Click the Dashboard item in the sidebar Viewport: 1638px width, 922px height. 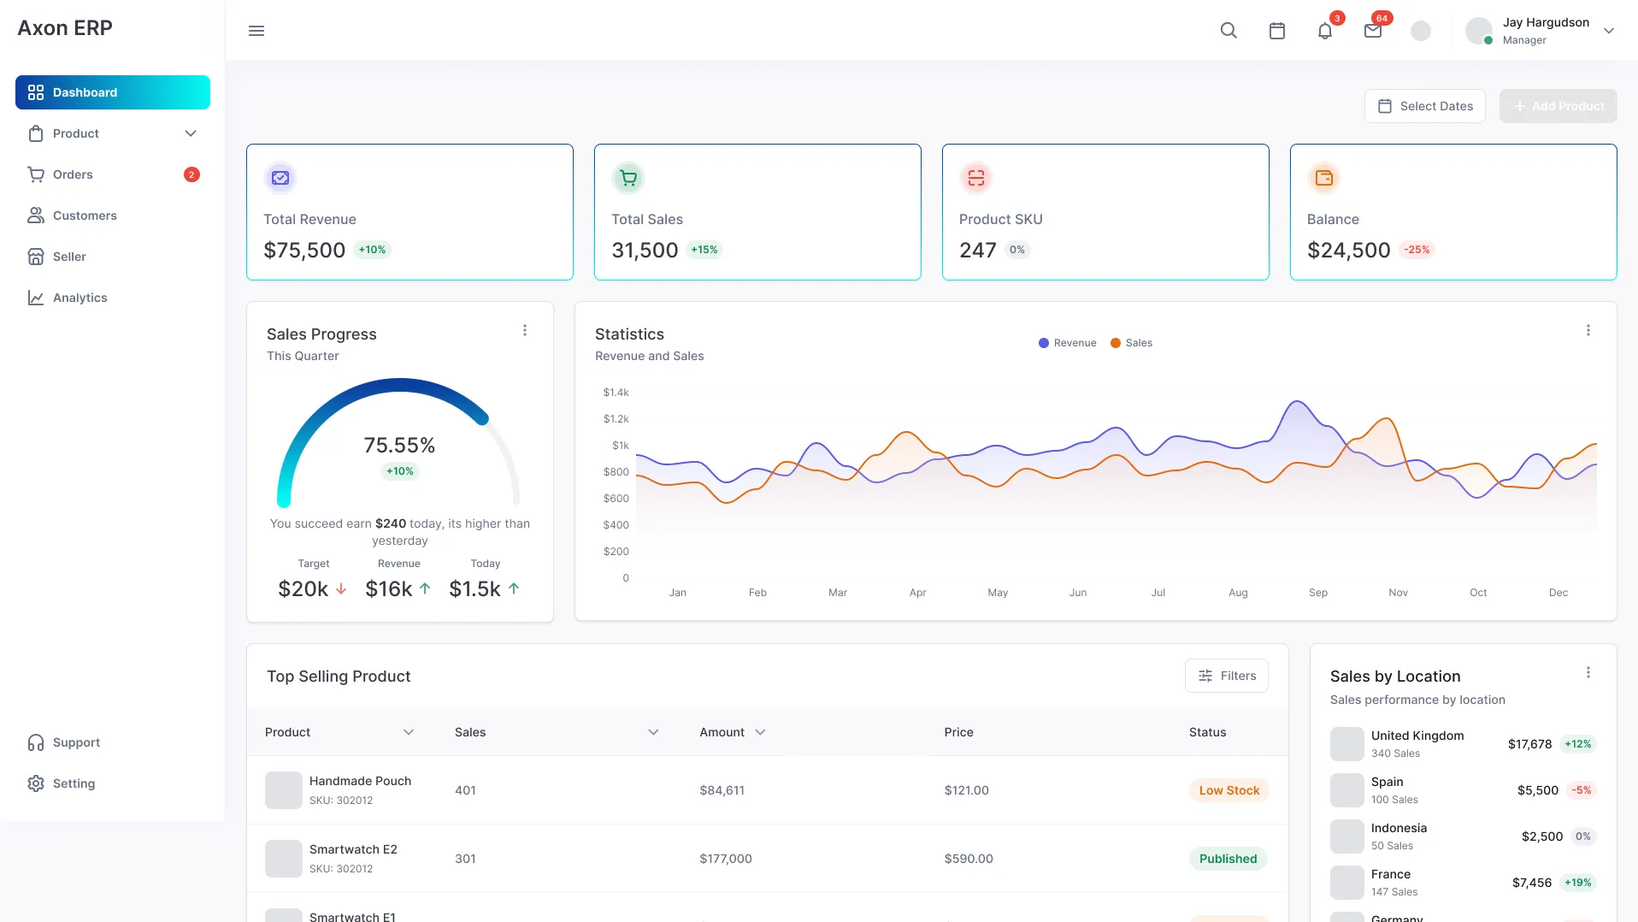pyautogui.click(x=112, y=92)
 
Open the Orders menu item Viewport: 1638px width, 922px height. pyautogui.click(x=73, y=174)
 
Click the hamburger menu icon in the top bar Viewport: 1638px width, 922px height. pyautogui.click(x=256, y=31)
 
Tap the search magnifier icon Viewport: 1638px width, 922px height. pyautogui.click(x=1228, y=31)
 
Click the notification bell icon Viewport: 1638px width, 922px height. pyautogui.click(x=1324, y=31)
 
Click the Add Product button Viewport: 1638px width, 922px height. pyautogui.click(x=1558, y=106)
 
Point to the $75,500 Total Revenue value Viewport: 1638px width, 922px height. pyautogui.click(x=304, y=250)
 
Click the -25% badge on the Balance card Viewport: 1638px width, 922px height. pyautogui.click(x=1417, y=250)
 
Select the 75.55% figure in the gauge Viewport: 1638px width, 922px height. pyautogui.click(x=399, y=445)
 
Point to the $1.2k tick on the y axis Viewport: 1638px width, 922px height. pyautogui.click(x=616, y=419)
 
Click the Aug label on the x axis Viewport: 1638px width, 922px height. pyautogui.click(x=1238, y=593)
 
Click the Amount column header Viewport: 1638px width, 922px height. pyautogui.click(x=722, y=732)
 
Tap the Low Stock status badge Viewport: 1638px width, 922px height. pyautogui.click(x=1228, y=790)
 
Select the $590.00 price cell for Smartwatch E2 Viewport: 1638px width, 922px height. pyautogui.click(x=968, y=859)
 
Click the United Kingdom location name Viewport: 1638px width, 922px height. pyautogui.click(x=1417, y=736)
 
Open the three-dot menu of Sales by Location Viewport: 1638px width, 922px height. pyautogui.click(x=1588, y=673)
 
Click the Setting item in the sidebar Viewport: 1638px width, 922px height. pyautogui.click(x=74, y=783)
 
